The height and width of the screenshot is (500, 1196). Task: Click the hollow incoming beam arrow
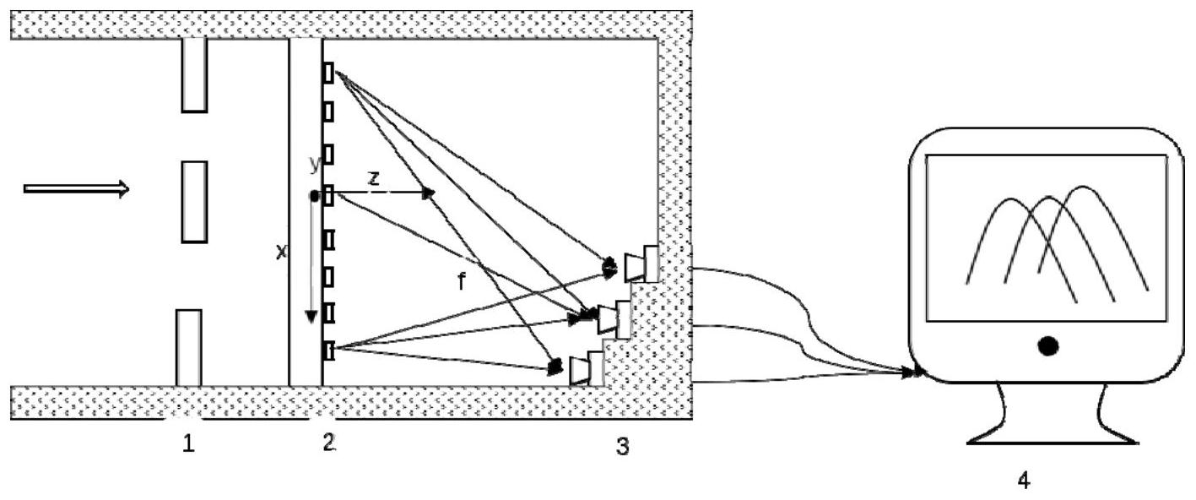pyautogui.click(x=76, y=188)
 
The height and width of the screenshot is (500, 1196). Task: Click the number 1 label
pyautogui.click(x=188, y=443)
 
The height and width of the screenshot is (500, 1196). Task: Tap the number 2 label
pyautogui.click(x=329, y=442)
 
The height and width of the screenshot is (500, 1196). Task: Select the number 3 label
pyautogui.click(x=623, y=446)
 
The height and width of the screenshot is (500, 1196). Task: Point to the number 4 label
pyautogui.click(x=1023, y=481)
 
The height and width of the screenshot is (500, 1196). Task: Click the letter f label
pyautogui.click(x=462, y=280)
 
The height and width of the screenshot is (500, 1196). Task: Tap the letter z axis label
pyautogui.click(x=374, y=178)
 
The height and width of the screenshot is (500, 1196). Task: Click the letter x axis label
pyautogui.click(x=281, y=252)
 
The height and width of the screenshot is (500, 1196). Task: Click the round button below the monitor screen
pyautogui.click(x=1048, y=346)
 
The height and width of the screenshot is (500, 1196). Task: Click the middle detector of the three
pyautogui.click(x=614, y=319)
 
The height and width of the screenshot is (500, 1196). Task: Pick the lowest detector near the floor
pyautogui.click(x=587, y=369)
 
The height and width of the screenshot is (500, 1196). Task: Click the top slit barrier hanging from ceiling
pyautogui.click(x=194, y=75)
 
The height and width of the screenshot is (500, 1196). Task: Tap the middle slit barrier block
pyautogui.click(x=194, y=202)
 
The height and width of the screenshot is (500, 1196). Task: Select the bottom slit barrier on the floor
pyautogui.click(x=188, y=348)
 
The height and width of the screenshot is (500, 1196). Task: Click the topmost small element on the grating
pyautogui.click(x=328, y=73)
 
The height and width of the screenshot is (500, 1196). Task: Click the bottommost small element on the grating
pyautogui.click(x=328, y=351)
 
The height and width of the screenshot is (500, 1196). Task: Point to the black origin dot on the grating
pyautogui.click(x=315, y=197)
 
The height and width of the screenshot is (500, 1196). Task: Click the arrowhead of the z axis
pyautogui.click(x=429, y=193)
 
